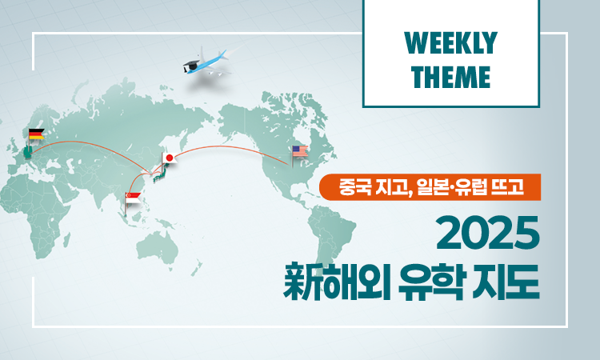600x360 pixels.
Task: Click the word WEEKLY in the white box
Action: pos(450,43)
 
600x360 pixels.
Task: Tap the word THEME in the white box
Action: pos(450,77)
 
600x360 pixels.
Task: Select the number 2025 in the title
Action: pos(487,233)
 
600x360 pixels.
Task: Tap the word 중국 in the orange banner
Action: pos(354,187)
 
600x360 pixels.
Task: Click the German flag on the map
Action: pos(36,134)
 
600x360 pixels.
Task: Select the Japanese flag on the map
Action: pos(170,158)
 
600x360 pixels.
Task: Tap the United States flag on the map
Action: pos(300,151)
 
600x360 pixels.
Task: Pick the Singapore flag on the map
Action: pos(133,198)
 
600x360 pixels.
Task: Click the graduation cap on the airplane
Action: pos(190,65)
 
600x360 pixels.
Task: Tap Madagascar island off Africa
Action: pos(66,239)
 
